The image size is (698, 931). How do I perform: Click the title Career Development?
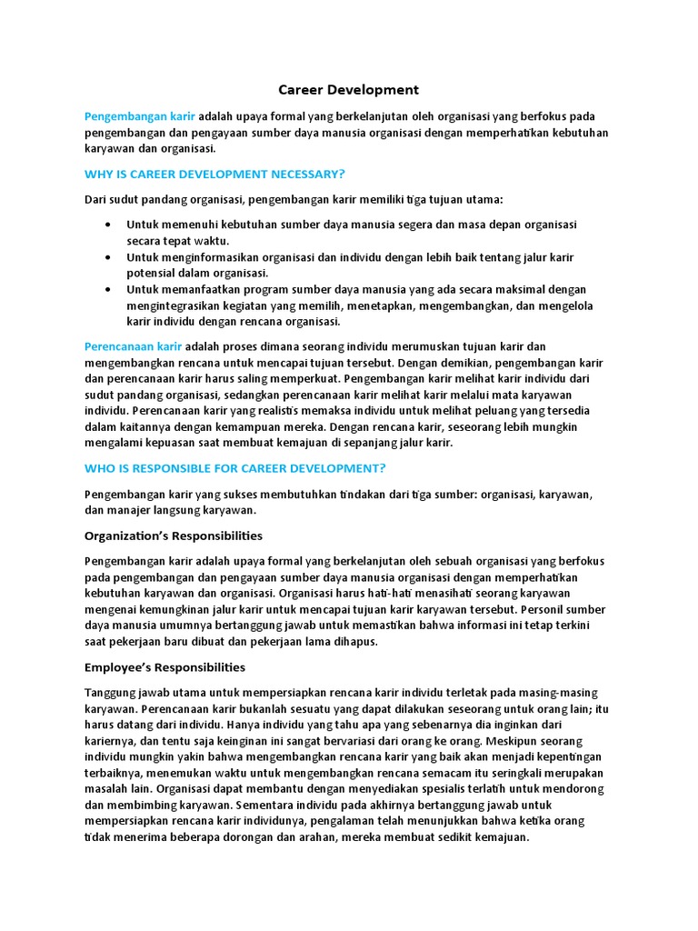348,89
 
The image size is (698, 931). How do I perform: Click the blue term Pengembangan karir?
140,116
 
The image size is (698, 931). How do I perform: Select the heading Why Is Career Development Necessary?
214,173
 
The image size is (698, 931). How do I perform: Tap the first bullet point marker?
109,224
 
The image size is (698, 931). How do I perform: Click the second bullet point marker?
109,256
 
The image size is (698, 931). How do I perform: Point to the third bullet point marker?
109,289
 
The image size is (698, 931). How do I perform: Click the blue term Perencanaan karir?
134,346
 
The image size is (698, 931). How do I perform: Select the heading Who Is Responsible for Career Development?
235,468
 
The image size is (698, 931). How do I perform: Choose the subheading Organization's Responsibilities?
174,536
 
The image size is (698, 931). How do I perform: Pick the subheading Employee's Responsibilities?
165,666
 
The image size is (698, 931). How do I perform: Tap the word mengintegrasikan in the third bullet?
172,305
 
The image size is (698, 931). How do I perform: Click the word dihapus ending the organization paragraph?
354,641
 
